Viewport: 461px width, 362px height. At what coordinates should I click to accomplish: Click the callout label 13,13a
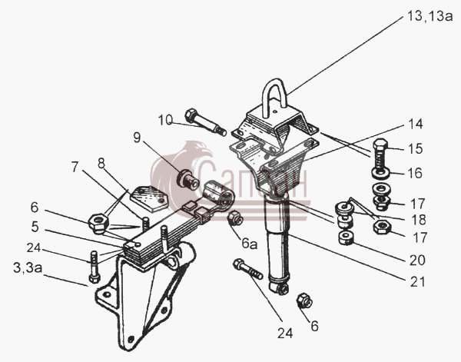[x=429, y=16]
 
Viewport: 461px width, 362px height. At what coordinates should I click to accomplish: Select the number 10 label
[x=165, y=120]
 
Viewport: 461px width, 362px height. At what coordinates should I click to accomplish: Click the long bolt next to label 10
[x=205, y=122]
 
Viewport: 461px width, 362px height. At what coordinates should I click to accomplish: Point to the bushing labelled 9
[x=188, y=179]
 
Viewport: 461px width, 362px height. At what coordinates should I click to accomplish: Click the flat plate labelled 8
[x=148, y=198]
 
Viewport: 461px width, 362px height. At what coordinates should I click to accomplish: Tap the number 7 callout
[x=75, y=168]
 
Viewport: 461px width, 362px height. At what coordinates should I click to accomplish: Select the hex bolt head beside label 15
[x=380, y=145]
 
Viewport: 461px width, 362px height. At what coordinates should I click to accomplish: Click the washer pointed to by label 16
[x=381, y=173]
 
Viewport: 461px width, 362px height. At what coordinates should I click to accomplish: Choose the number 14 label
[x=416, y=124]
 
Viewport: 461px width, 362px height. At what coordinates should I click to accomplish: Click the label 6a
[x=249, y=244]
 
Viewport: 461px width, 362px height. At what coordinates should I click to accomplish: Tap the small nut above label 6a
[x=236, y=218]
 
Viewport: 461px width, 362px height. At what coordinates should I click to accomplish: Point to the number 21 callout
[x=417, y=281]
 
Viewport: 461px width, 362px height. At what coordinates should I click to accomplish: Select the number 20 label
[x=417, y=260]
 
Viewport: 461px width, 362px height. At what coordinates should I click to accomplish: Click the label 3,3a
[x=28, y=268]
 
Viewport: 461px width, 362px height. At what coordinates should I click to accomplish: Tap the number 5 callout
[x=35, y=227]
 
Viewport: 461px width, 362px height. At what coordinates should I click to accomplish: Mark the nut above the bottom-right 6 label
[x=304, y=301]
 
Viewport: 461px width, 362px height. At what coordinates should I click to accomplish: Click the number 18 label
[x=419, y=220]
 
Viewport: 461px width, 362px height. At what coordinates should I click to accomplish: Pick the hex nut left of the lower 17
[x=382, y=227]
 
